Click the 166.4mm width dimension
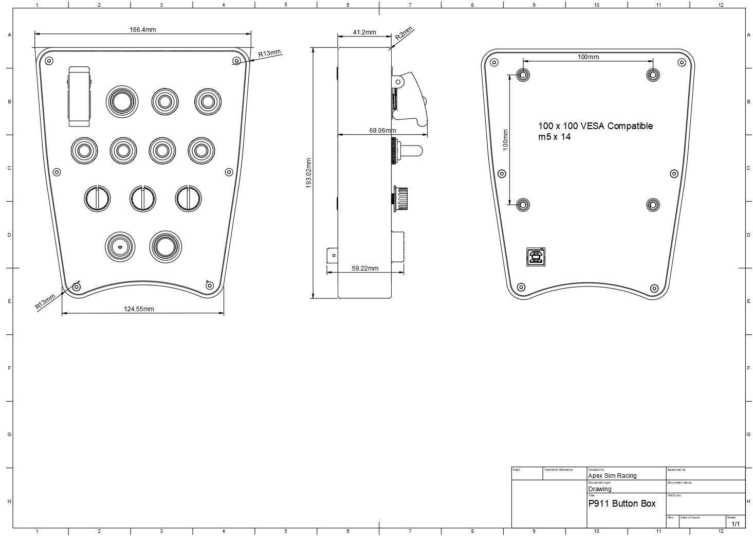click(x=142, y=30)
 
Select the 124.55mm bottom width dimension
click(x=139, y=309)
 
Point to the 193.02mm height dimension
click(x=309, y=173)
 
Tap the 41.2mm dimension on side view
click(x=364, y=32)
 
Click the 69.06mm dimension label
click(x=382, y=131)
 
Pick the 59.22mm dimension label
click(x=365, y=268)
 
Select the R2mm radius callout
click(x=404, y=34)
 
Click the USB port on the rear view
click(x=536, y=257)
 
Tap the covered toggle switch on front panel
click(x=80, y=96)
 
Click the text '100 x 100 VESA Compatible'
click(x=595, y=126)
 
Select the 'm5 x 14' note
click(x=554, y=137)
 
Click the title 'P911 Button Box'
click(x=622, y=504)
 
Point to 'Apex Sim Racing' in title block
click(x=612, y=476)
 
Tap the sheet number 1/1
click(x=736, y=524)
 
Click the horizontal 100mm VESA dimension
click(x=588, y=57)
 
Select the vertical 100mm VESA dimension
click(x=506, y=139)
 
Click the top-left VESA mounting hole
click(x=523, y=75)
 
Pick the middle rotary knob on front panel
click(x=142, y=199)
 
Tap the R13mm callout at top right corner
click(x=269, y=53)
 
